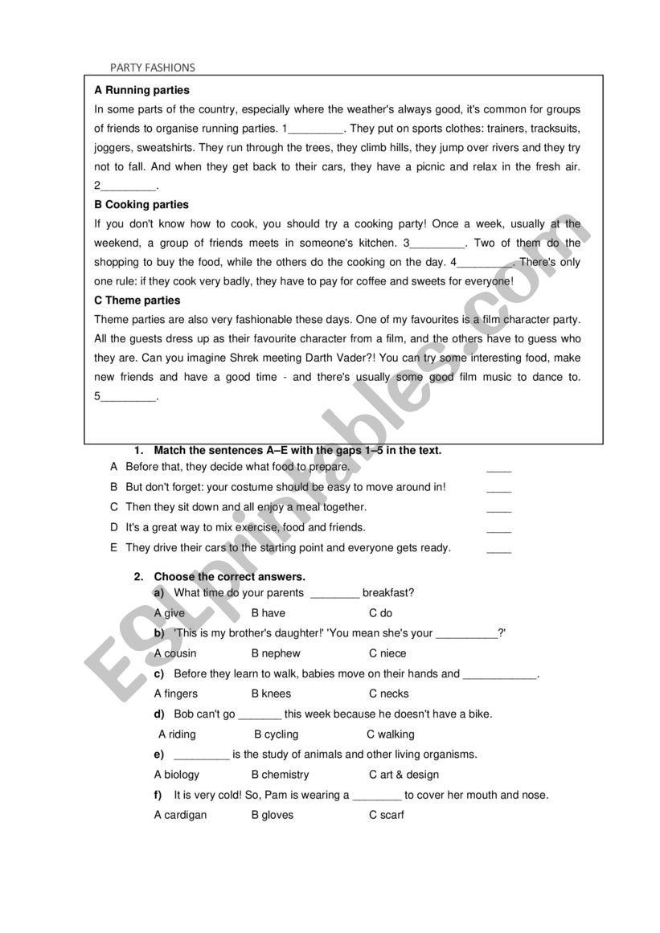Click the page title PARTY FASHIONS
click(153, 68)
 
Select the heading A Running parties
click(142, 90)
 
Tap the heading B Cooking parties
click(141, 204)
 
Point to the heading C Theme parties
click(137, 301)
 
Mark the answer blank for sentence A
click(498, 468)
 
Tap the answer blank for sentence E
click(498, 549)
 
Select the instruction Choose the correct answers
click(229, 576)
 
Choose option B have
click(269, 613)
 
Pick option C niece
click(387, 653)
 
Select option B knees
click(271, 694)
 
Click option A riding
click(177, 734)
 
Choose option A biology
click(177, 775)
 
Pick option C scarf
click(387, 815)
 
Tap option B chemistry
click(280, 775)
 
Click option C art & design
click(404, 775)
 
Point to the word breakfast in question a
click(387, 593)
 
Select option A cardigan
click(180, 815)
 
